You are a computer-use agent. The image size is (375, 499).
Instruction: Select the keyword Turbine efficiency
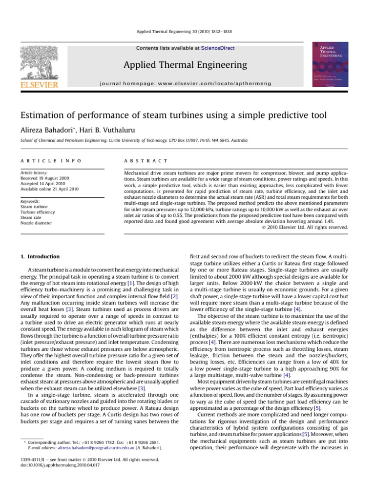pyautogui.click(x=42, y=212)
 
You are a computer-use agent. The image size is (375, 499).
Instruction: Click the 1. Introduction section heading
pyautogui.click(x=40, y=257)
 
